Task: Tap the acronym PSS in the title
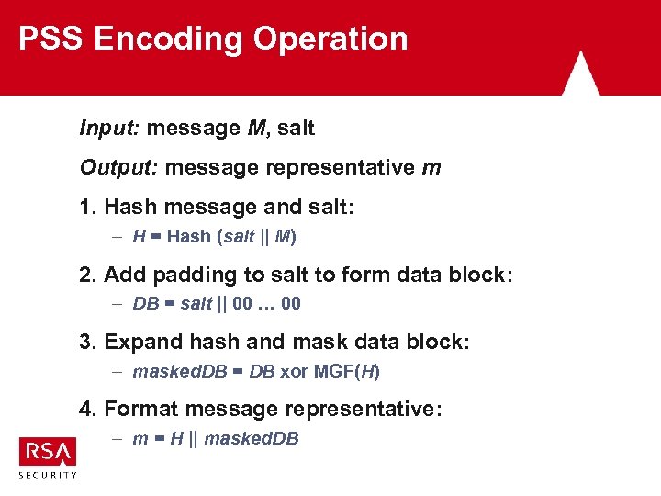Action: [x=51, y=39]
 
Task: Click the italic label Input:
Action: [x=108, y=129]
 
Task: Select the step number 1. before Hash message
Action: [x=89, y=208]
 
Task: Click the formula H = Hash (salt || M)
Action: [x=214, y=236]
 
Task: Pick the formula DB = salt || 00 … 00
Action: [x=217, y=303]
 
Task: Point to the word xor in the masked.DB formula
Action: [x=294, y=371]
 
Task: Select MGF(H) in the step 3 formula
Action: [x=346, y=371]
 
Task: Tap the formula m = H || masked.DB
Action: [x=216, y=438]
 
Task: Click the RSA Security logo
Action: [x=48, y=457]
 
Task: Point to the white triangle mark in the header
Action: [x=580, y=73]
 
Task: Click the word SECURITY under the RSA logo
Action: [x=48, y=475]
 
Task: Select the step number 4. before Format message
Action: [x=89, y=409]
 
